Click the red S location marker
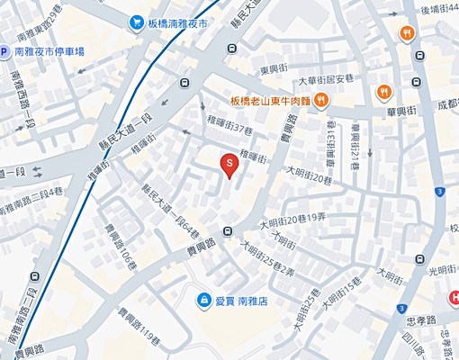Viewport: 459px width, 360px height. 229,164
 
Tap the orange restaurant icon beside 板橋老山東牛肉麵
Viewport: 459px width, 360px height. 320,101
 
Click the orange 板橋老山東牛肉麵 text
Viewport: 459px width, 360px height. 270,101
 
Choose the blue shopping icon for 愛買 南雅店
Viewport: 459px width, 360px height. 205,299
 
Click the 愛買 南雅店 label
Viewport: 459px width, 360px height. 242,299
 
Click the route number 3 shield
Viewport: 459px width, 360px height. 438,192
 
